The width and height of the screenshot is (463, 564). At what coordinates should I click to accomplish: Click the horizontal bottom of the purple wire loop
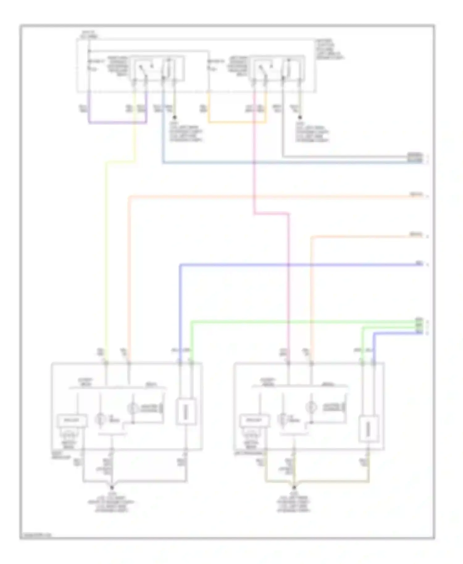(x=118, y=123)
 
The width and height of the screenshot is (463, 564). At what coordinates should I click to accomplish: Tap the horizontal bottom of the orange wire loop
(x=237, y=122)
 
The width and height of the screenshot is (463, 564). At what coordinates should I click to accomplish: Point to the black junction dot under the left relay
(x=175, y=118)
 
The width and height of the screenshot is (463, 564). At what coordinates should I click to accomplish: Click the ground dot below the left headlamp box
(x=112, y=488)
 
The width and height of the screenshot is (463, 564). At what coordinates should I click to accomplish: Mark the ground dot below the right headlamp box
(x=294, y=488)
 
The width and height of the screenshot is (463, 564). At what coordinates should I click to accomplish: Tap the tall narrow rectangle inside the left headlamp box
(x=186, y=412)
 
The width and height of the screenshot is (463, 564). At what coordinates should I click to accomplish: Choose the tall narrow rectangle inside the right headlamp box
(x=369, y=429)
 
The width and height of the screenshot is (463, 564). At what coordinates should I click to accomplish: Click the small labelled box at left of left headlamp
(x=72, y=421)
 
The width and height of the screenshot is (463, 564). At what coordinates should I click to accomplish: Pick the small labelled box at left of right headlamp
(x=254, y=421)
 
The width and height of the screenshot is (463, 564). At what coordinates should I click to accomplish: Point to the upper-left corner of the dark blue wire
(x=180, y=265)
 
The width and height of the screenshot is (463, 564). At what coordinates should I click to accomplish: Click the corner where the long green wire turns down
(x=192, y=322)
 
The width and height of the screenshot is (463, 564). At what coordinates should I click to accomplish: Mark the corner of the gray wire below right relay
(x=283, y=156)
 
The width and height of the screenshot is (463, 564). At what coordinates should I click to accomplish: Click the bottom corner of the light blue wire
(x=163, y=162)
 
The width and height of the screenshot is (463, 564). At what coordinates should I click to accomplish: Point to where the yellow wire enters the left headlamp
(x=106, y=363)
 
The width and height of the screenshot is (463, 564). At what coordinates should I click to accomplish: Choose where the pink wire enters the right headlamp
(x=289, y=363)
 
